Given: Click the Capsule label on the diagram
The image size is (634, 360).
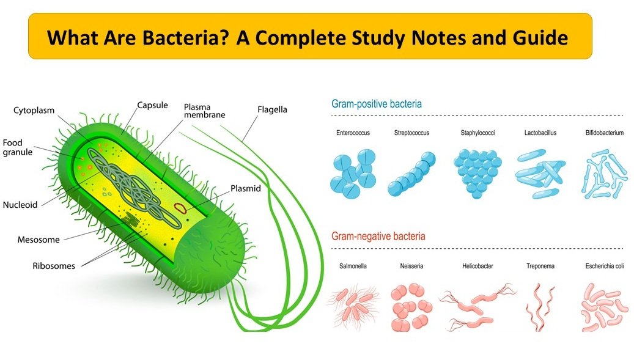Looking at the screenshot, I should coord(152,105).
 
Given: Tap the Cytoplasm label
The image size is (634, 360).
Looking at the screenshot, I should coord(34,111).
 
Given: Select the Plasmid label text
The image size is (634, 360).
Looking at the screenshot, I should coord(245,188).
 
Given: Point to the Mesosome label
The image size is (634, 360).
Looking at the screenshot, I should coord(39,240).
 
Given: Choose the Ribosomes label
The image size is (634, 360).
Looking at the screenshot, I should coord(54,266).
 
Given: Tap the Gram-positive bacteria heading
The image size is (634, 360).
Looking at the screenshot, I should coord(376,104).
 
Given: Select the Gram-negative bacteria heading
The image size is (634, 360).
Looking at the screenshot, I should coord(378,236).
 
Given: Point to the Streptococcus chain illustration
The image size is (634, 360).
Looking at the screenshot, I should coord(413,175).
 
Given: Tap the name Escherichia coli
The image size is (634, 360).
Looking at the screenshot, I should coord(602,266).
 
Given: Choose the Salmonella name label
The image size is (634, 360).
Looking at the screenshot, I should coord(353,266).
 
